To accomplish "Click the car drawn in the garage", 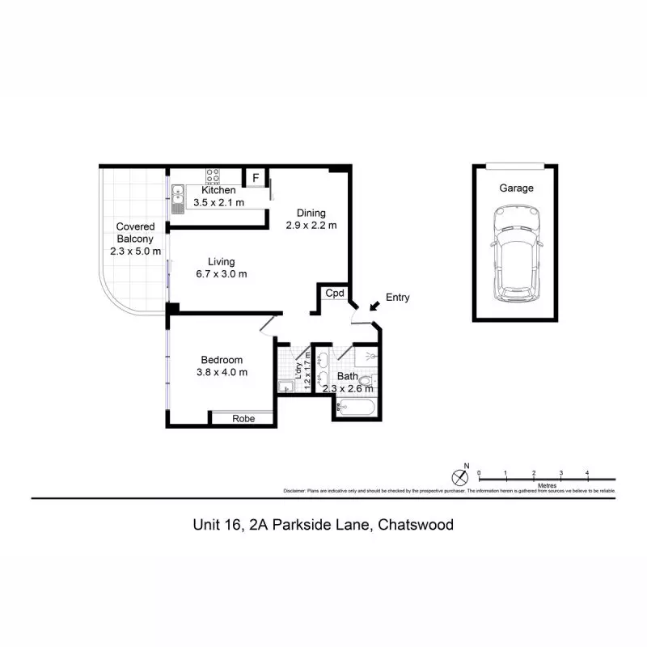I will coord(516,253).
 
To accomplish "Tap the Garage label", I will coord(516,188).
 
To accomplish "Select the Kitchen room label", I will coord(213,190).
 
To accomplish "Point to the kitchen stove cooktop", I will coord(214,175).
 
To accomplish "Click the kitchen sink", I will coord(177,202).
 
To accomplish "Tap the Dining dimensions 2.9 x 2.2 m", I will coord(311,226).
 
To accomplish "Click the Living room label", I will coord(221,261).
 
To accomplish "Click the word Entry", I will coord(397,298).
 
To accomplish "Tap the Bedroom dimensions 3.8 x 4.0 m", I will coord(222,373).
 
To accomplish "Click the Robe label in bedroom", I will coord(243,419).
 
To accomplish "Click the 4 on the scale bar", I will coord(587,472).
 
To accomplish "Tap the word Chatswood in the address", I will coord(416,525).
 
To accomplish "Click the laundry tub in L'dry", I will coord(284,386).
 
